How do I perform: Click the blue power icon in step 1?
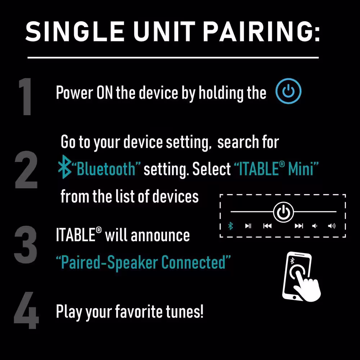(288, 91)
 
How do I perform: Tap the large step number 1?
(26, 96)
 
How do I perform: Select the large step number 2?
(26, 170)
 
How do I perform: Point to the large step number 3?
(26, 244)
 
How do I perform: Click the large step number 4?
(26, 310)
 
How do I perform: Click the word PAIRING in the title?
(261, 31)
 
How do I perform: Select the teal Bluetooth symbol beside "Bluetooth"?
(64, 167)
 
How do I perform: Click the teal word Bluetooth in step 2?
(106, 169)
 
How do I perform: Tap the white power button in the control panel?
(283, 212)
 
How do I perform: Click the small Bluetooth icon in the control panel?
(230, 226)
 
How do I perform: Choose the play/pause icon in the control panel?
(248, 226)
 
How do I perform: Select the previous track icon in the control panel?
(267, 226)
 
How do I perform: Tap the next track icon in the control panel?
(299, 226)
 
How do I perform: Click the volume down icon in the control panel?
(315, 226)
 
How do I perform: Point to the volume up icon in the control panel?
(332, 226)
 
